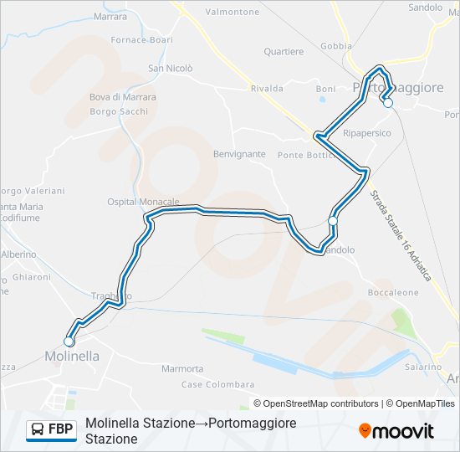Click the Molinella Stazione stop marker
point(69,341)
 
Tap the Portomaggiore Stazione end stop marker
point(387,103)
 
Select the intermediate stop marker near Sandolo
point(333,220)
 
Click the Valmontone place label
point(233,12)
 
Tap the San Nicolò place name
point(171,69)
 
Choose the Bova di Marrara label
point(123,97)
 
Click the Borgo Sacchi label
point(119,110)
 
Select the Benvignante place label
point(239,154)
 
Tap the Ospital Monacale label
point(144,202)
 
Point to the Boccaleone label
point(393,293)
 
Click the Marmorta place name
point(182,368)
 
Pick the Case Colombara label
point(218,384)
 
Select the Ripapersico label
point(367,133)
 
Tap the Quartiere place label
point(284,52)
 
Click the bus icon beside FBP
point(37,430)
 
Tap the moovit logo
point(396,431)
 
